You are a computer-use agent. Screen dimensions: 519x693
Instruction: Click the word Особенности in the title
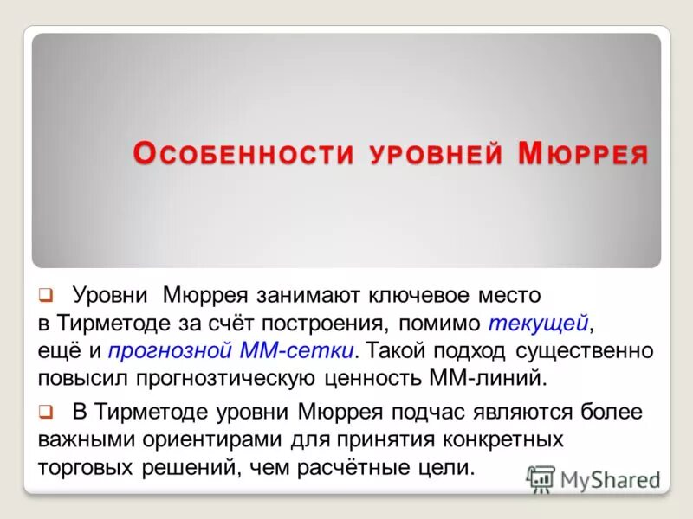tap(243, 154)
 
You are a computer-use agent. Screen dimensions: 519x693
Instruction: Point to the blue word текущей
tap(538, 323)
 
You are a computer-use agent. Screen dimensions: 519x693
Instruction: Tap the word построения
tap(326, 323)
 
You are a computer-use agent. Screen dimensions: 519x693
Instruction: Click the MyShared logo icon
tap(541, 477)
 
